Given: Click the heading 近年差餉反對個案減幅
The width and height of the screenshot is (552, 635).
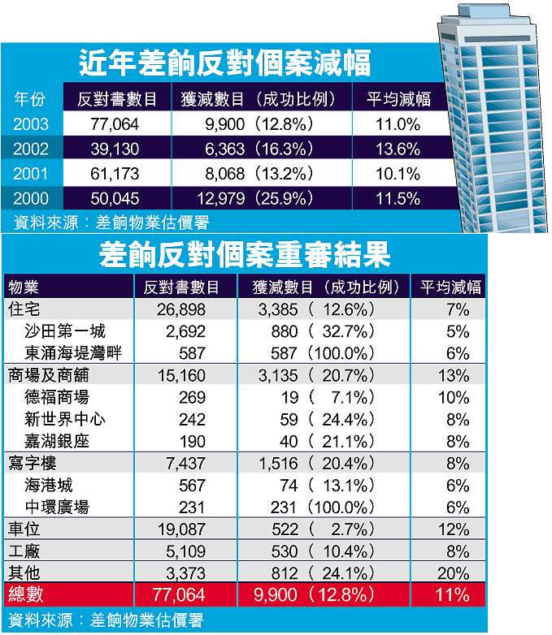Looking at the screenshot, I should (x=224, y=63).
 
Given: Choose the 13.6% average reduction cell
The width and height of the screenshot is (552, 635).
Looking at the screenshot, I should (x=398, y=149).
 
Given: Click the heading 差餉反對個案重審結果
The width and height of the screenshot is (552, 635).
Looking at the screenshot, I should (x=244, y=255).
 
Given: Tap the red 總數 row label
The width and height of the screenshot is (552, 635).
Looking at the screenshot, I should (x=24, y=594).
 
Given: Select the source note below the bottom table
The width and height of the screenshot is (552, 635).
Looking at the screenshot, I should (x=105, y=620).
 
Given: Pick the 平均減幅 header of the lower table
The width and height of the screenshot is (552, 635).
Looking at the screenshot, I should (x=450, y=287).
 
